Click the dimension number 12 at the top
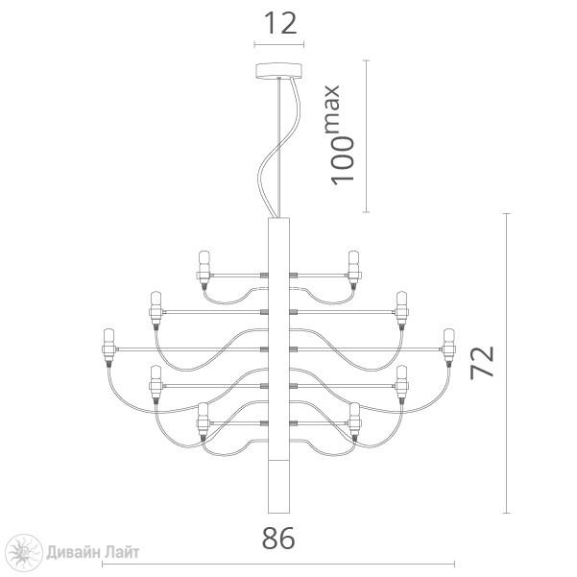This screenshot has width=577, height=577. (280, 23)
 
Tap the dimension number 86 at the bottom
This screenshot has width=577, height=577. (278, 539)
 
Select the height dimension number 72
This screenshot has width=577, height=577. (482, 363)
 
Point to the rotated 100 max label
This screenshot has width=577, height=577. (340, 135)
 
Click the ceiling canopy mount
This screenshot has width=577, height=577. (278, 71)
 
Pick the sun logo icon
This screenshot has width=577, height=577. (25, 553)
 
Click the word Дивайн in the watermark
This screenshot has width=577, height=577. (73, 552)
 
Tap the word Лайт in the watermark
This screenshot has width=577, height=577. (122, 552)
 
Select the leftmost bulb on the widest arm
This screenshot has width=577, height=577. (108, 347)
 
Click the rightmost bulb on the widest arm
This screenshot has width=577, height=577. (449, 347)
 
